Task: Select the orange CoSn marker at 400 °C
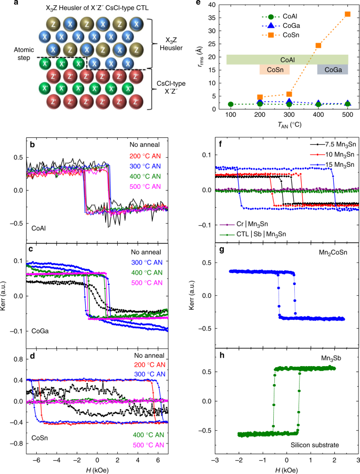point(318,45)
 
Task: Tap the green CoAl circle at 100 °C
point(230,104)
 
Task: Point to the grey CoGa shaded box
point(332,69)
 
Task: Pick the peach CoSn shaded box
point(274,69)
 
